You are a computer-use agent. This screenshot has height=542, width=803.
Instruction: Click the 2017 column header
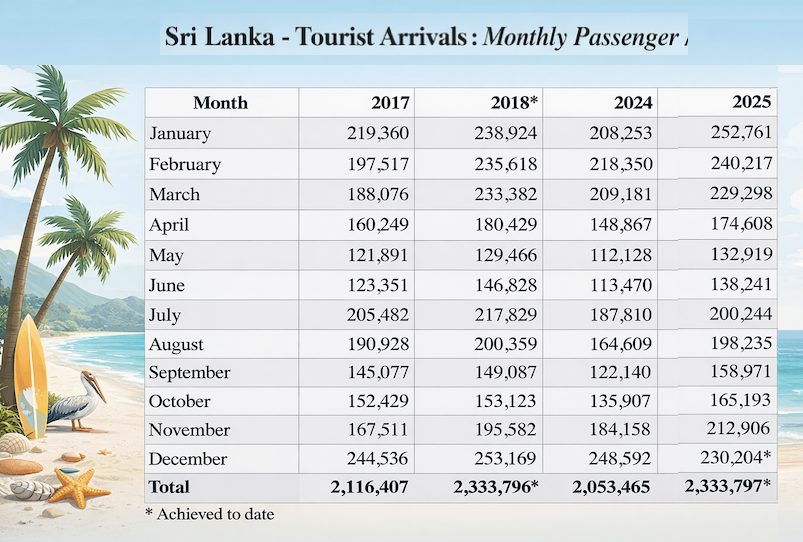pos(390,103)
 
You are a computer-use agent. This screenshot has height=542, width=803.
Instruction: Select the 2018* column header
pos(514,103)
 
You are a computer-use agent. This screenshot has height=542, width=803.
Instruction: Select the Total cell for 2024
pos(612,487)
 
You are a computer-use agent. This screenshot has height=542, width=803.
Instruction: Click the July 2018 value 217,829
pos(506,315)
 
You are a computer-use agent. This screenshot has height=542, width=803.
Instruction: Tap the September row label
pos(189,373)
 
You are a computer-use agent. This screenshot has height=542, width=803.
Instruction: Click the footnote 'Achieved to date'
pos(212,514)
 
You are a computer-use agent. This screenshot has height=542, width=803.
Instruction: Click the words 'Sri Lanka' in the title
pos(211,37)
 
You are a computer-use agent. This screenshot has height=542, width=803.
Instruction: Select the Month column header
pos(220,103)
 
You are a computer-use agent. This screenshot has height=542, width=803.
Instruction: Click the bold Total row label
pos(169,487)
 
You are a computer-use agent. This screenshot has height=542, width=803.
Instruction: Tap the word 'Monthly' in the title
pos(527,37)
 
